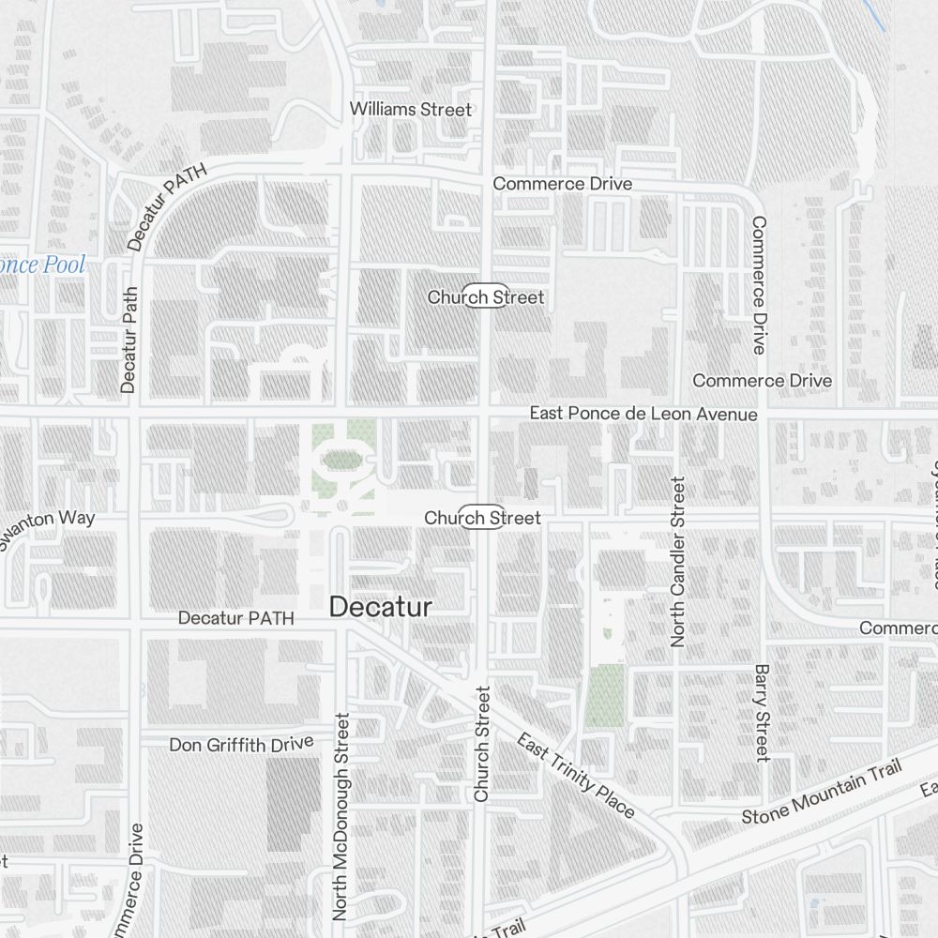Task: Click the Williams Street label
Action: [410, 110]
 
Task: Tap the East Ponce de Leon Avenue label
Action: [643, 414]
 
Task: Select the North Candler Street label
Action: [678, 561]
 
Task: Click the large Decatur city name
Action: [381, 607]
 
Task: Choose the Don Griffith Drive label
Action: [241, 744]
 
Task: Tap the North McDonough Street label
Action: [340, 815]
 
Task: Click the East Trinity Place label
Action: [575, 775]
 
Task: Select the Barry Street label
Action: [761, 713]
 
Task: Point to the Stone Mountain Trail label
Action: [821, 792]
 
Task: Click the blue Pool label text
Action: [42, 265]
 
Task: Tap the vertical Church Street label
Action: [482, 743]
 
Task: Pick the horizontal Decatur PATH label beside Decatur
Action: [235, 618]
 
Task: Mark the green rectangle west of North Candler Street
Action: [605, 695]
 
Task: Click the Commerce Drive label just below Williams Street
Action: [562, 184]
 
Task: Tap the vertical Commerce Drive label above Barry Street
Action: [758, 285]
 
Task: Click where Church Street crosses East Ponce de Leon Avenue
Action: [486, 413]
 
